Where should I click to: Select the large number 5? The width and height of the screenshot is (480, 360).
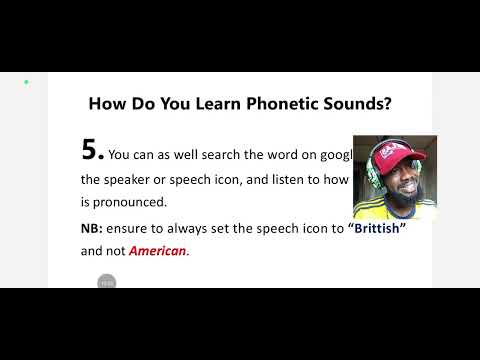coord(92,150)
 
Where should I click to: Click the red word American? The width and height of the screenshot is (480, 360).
coord(158,250)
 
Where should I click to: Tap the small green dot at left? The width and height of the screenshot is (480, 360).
coord(26,82)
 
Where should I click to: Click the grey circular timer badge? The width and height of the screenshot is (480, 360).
coord(107,282)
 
